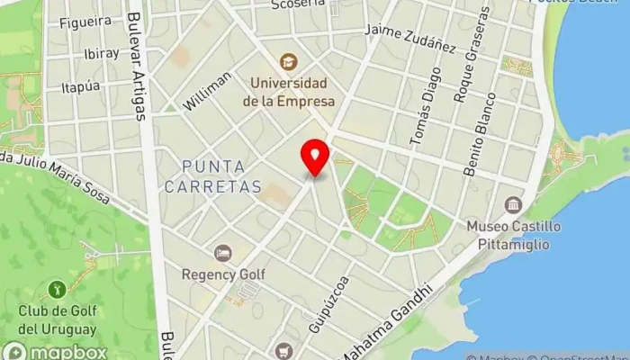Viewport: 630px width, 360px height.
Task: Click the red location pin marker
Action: coord(315,157)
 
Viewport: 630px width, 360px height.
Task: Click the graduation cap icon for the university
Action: coord(288,61)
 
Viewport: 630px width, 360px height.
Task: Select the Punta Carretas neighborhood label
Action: coord(220,176)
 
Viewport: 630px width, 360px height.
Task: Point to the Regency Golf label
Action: coord(220,273)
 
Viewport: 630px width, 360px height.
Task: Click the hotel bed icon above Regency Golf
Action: coord(221,253)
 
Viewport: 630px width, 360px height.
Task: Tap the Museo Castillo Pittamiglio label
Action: coord(514,232)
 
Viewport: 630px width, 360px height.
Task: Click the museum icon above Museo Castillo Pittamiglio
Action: coord(513,204)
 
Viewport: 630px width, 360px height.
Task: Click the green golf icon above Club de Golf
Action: coord(56,290)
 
